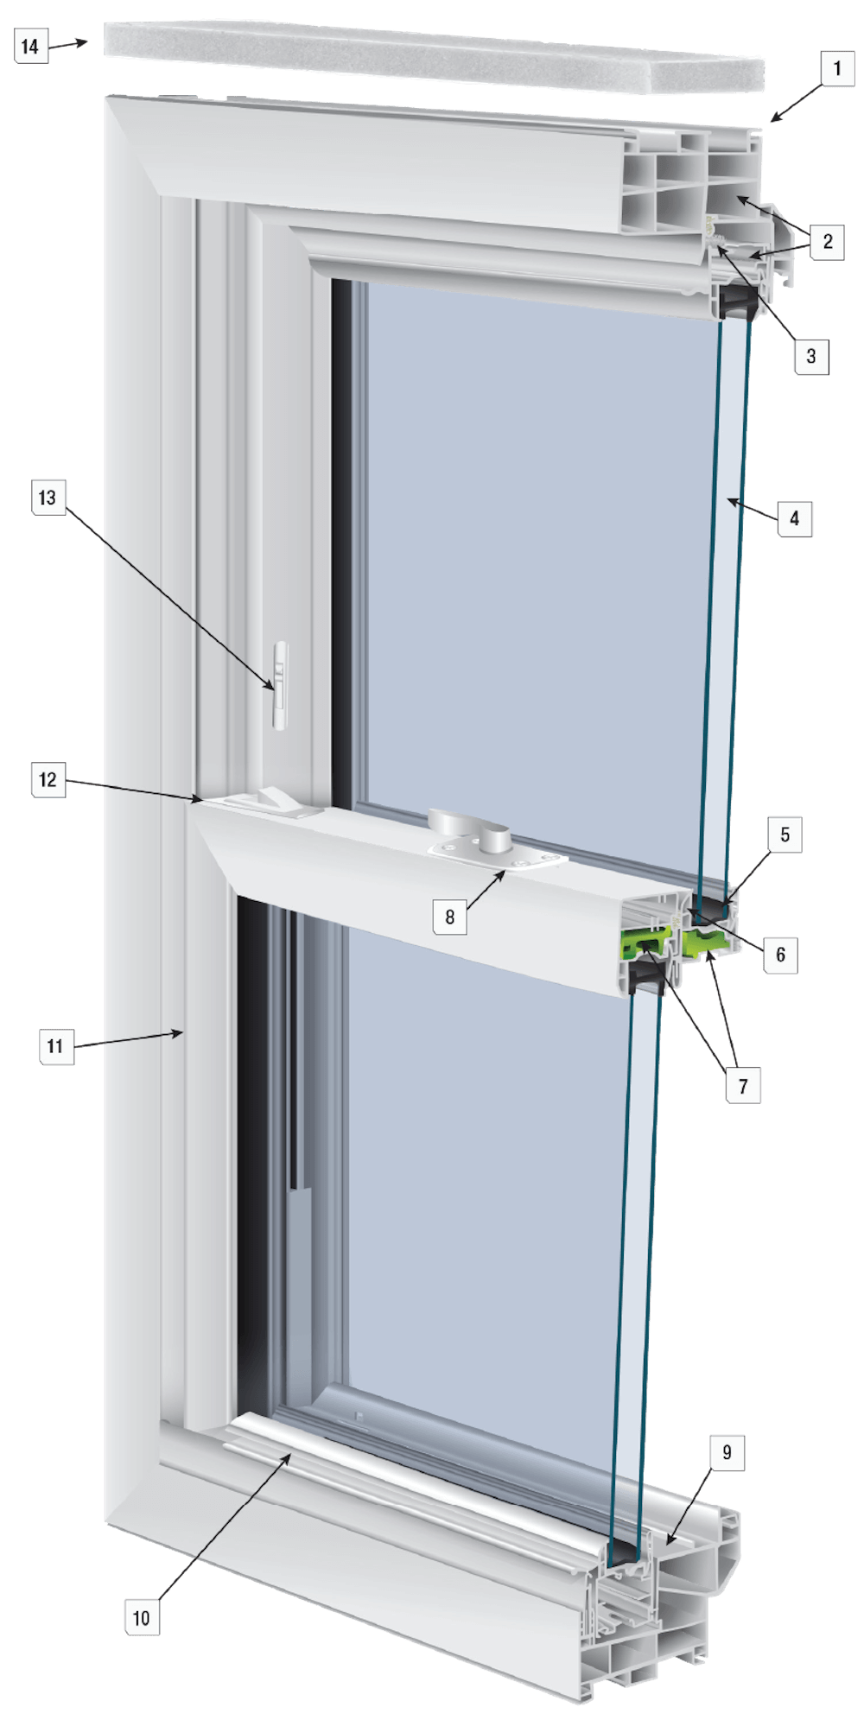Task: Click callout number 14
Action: (x=30, y=47)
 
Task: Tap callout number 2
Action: (x=828, y=242)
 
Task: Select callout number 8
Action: (x=449, y=917)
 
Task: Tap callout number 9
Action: (x=726, y=1452)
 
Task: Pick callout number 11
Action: (x=55, y=1047)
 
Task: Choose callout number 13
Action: (x=48, y=498)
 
